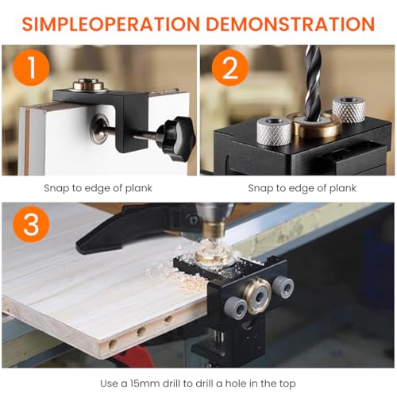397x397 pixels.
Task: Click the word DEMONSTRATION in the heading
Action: pos(291,24)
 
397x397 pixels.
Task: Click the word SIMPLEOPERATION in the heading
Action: pos(110,24)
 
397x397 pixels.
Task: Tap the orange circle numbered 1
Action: pos(31,67)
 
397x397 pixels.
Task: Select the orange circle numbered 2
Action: pos(230,67)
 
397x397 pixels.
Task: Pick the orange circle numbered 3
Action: pos(31,224)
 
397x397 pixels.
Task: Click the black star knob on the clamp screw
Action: pos(175,138)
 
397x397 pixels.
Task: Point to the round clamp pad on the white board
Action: pos(99,129)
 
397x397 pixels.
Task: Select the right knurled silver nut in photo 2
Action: pos(349,110)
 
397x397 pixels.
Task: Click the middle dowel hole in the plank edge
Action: pos(141,331)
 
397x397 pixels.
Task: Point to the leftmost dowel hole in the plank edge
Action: pos(113,345)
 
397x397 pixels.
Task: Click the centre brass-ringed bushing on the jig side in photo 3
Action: pos(259,295)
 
